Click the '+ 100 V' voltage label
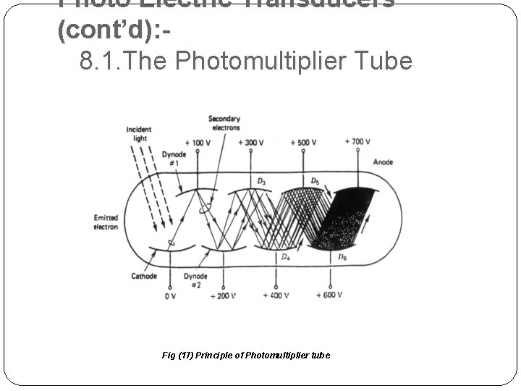tap(198, 143)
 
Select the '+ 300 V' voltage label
tap(250, 143)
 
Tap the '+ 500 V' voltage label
tap(302, 143)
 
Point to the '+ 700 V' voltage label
tap(357, 141)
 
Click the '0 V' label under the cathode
tap(170, 296)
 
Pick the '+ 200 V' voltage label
tap(222, 296)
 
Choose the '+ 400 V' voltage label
tap(276, 295)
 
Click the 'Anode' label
tap(383, 162)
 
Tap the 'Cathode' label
tap(144, 276)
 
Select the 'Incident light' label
tap(139, 133)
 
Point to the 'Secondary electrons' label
tap(224, 123)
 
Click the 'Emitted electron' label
tap(106, 222)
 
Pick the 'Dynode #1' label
tap(174, 158)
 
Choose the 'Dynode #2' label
tap(195, 280)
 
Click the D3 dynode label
tap(261, 180)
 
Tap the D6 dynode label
tap(342, 257)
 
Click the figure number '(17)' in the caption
tap(185, 355)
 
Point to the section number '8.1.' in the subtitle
tap(97, 61)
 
